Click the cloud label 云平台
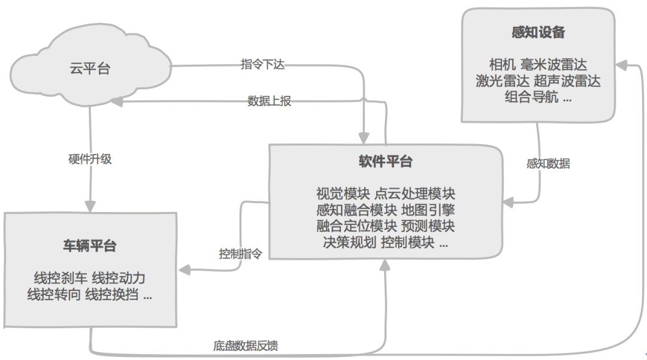point(90,68)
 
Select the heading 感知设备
point(538,33)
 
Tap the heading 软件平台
point(385,162)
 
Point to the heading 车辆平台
point(90,246)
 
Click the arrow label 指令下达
point(262,65)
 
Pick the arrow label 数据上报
point(269,101)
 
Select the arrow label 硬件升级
point(90,159)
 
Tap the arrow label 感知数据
point(548,164)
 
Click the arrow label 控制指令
point(240,253)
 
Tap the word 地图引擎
point(428,210)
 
